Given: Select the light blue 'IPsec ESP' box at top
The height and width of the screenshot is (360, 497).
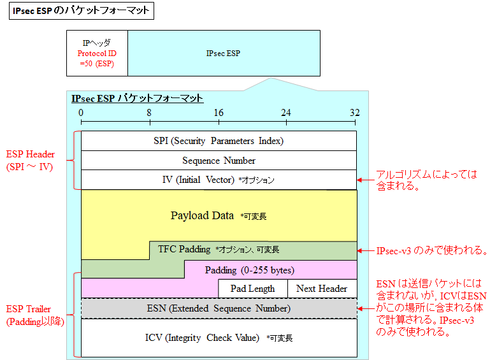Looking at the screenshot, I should (x=224, y=54).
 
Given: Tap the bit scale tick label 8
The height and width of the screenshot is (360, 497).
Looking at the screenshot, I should (x=149, y=113).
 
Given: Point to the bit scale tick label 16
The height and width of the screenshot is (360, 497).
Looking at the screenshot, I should (x=218, y=113).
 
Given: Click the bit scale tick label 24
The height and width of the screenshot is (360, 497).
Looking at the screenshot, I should (x=286, y=113).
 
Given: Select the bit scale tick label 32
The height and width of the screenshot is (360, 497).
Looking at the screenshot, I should (x=354, y=113).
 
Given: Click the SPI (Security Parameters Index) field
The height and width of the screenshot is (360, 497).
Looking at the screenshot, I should (x=219, y=141).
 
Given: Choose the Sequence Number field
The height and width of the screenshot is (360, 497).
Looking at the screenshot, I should (x=219, y=161).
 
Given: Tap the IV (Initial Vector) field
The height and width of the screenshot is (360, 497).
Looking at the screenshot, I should (x=219, y=180).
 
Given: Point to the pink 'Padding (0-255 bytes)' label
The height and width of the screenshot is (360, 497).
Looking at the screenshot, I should (x=249, y=270).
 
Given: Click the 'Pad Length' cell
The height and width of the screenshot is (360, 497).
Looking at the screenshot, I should (x=252, y=289).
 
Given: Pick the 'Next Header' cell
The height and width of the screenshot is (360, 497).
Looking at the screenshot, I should (x=322, y=289).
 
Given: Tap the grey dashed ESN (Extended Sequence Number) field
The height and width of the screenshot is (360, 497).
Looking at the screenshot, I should (x=219, y=308).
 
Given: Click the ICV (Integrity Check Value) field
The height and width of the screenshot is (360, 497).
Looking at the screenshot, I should (x=219, y=338).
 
